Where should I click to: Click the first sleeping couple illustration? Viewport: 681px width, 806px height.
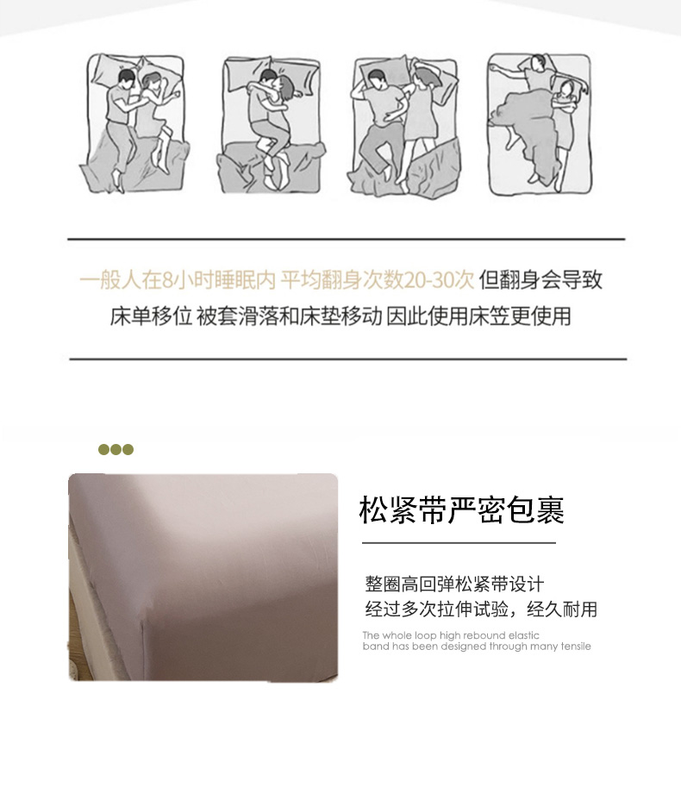(134, 123)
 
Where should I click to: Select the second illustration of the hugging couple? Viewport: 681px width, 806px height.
(272, 124)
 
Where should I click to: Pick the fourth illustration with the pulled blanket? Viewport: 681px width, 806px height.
(540, 124)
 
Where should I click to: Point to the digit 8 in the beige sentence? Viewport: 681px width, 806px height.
(167, 281)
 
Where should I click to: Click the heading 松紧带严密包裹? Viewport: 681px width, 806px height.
(461, 510)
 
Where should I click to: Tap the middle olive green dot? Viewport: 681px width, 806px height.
(116, 450)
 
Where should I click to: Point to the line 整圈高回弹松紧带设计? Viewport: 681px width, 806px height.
(454, 584)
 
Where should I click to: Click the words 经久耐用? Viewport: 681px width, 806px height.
(562, 609)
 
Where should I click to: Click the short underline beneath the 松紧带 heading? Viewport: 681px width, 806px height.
(459, 542)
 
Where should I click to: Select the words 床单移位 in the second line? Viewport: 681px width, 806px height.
(151, 316)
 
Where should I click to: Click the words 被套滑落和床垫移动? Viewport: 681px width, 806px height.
(290, 316)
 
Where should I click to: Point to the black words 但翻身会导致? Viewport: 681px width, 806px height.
(540, 280)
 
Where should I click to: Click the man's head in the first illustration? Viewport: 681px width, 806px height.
(127, 78)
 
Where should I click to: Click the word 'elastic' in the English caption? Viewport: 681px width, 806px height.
(524, 635)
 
